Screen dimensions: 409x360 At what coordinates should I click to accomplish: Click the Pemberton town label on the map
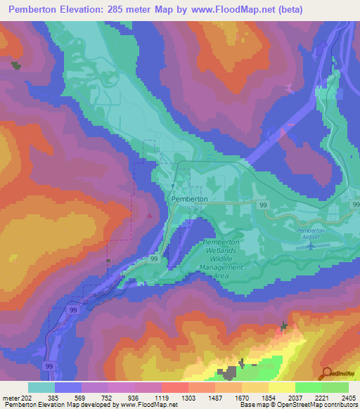[189, 199]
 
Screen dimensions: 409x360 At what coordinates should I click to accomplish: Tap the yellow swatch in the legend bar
[281, 387]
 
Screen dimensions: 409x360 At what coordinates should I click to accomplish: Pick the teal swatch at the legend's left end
[41, 387]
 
